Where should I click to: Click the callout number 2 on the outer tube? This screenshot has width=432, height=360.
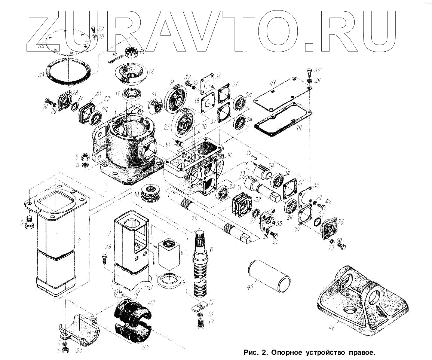[79, 241]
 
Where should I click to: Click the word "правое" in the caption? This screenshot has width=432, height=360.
[361, 353]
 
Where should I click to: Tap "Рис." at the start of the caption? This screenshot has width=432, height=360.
[249, 353]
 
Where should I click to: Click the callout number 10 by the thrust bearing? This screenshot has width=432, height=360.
[137, 194]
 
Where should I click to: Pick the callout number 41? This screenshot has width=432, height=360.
[274, 83]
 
